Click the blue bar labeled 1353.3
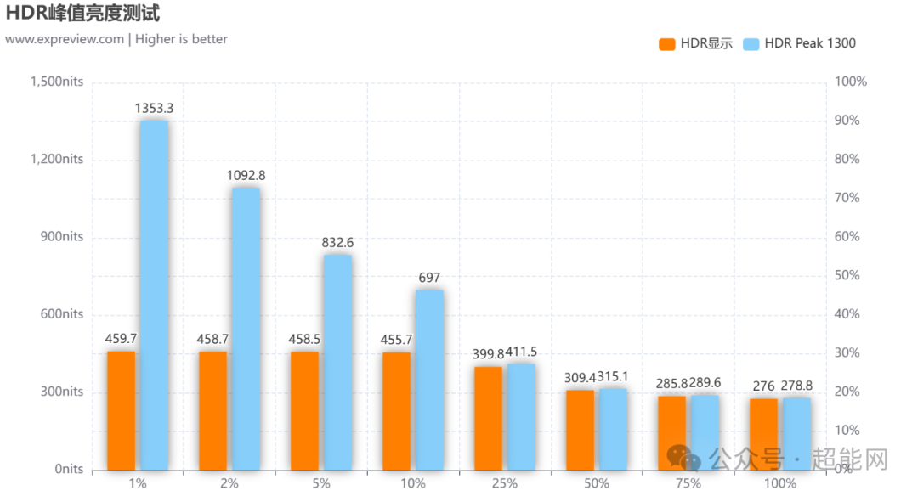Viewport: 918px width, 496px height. tap(154, 295)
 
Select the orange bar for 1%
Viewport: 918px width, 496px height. tap(122, 410)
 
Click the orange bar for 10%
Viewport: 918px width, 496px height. tap(397, 411)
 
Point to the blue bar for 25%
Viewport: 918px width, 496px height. tap(521, 416)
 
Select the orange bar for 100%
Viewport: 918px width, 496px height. tap(763, 434)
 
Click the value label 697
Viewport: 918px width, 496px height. tap(430, 278)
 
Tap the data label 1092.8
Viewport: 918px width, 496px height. tap(246, 175)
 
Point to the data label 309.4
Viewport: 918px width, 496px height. tap(580, 376)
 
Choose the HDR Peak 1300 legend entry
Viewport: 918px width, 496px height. tap(798, 43)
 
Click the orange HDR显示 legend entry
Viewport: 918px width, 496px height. tap(695, 43)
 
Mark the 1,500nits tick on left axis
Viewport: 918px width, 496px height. tap(57, 82)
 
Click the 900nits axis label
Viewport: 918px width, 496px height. tap(61, 237)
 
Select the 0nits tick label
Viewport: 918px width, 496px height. tap(69, 469)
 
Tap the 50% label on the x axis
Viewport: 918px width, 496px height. tap(596, 483)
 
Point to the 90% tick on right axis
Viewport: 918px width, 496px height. tap(847, 121)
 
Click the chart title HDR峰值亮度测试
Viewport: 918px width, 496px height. tap(82, 14)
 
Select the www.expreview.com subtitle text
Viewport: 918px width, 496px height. tap(65, 39)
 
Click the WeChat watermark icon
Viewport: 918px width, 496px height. tap(684, 459)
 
